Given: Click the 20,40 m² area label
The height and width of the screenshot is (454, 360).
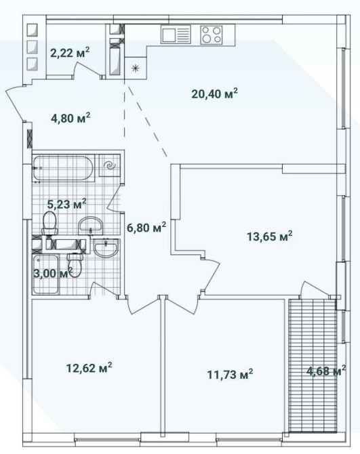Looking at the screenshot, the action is tap(215, 94).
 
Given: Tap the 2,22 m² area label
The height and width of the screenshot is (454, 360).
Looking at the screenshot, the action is tap(70, 53).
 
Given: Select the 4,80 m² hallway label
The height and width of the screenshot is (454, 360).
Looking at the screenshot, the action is tap(71, 118).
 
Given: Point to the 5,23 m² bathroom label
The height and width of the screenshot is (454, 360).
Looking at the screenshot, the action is tap(66, 204).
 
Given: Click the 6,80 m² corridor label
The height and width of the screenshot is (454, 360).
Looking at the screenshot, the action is tap(146, 227).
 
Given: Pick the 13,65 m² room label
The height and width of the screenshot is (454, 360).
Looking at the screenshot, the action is tap(270, 236).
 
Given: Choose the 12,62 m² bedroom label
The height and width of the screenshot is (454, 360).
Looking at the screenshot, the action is tap(89, 368).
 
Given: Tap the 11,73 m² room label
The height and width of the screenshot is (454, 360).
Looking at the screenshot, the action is tap(231, 374).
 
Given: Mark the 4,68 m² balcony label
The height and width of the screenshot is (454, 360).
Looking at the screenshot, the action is tap(326, 371).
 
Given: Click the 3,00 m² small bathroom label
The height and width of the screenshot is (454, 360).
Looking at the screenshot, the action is tap(53, 273).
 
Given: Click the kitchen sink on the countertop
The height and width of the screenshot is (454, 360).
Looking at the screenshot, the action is tap(176, 34).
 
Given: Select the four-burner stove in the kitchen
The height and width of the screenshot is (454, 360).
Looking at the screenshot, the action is tap(212, 35).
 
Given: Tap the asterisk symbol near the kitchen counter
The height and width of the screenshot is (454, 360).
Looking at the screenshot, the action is tap(135, 68).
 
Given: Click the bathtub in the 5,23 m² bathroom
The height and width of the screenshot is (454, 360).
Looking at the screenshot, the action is tap(63, 169).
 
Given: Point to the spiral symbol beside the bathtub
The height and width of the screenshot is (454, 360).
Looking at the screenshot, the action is tap(110, 165).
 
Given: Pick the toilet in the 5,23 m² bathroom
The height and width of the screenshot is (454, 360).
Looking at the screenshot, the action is tap(49, 223).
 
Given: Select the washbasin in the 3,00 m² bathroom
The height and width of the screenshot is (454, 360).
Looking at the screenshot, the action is tap(106, 248).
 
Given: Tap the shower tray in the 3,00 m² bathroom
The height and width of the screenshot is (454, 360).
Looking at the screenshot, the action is tap(45, 274).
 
